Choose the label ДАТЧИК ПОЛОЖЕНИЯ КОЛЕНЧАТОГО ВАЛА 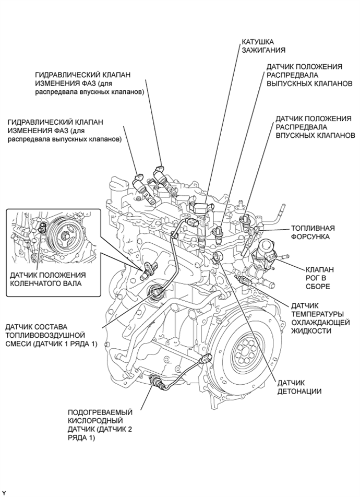pyautogui.click(x=47, y=279)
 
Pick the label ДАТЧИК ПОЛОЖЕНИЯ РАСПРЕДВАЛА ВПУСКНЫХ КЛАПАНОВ pyautogui.click(x=316, y=126)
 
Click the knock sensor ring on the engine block pyautogui.click(x=218, y=256)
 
